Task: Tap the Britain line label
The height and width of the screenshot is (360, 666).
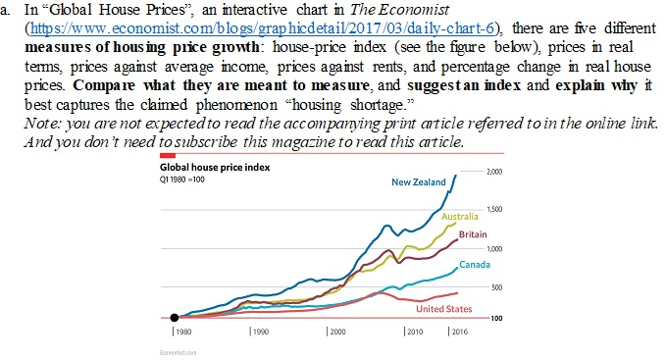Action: click(472, 233)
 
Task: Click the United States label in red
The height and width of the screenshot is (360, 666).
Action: click(444, 309)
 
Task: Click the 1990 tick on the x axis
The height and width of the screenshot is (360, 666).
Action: click(259, 334)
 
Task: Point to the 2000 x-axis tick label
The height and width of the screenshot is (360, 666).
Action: click(337, 334)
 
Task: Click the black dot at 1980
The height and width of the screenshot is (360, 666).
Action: click(175, 318)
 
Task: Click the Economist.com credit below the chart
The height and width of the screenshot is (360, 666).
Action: click(173, 351)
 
